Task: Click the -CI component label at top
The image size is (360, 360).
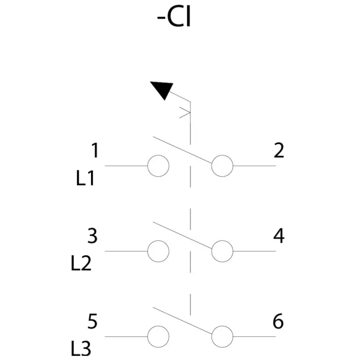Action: pyautogui.click(x=174, y=18)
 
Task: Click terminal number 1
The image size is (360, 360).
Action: pyautogui.click(x=95, y=150)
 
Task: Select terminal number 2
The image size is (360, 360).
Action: pyautogui.click(x=279, y=150)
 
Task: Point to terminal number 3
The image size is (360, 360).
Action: pyautogui.click(x=92, y=236)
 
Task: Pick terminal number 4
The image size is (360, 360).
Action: pyautogui.click(x=279, y=236)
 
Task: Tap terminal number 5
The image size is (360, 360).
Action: pyautogui.click(x=92, y=321)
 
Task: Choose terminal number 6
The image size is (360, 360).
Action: pyautogui.click(x=278, y=321)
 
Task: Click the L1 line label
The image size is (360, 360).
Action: pyautogui.click(x=85, y=178)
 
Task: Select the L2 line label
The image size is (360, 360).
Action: pyautogui.click(x=81, y=263)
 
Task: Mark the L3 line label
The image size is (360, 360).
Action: pyautogui.click(x=81, y=349)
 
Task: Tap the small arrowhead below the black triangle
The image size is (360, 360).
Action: pyautogui.click(x=185, y=113)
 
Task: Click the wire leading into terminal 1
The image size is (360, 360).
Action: pyautogui.click(x=126, y=166)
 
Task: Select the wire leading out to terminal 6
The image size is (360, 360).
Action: pyautogui.click(x=255, y=337)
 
